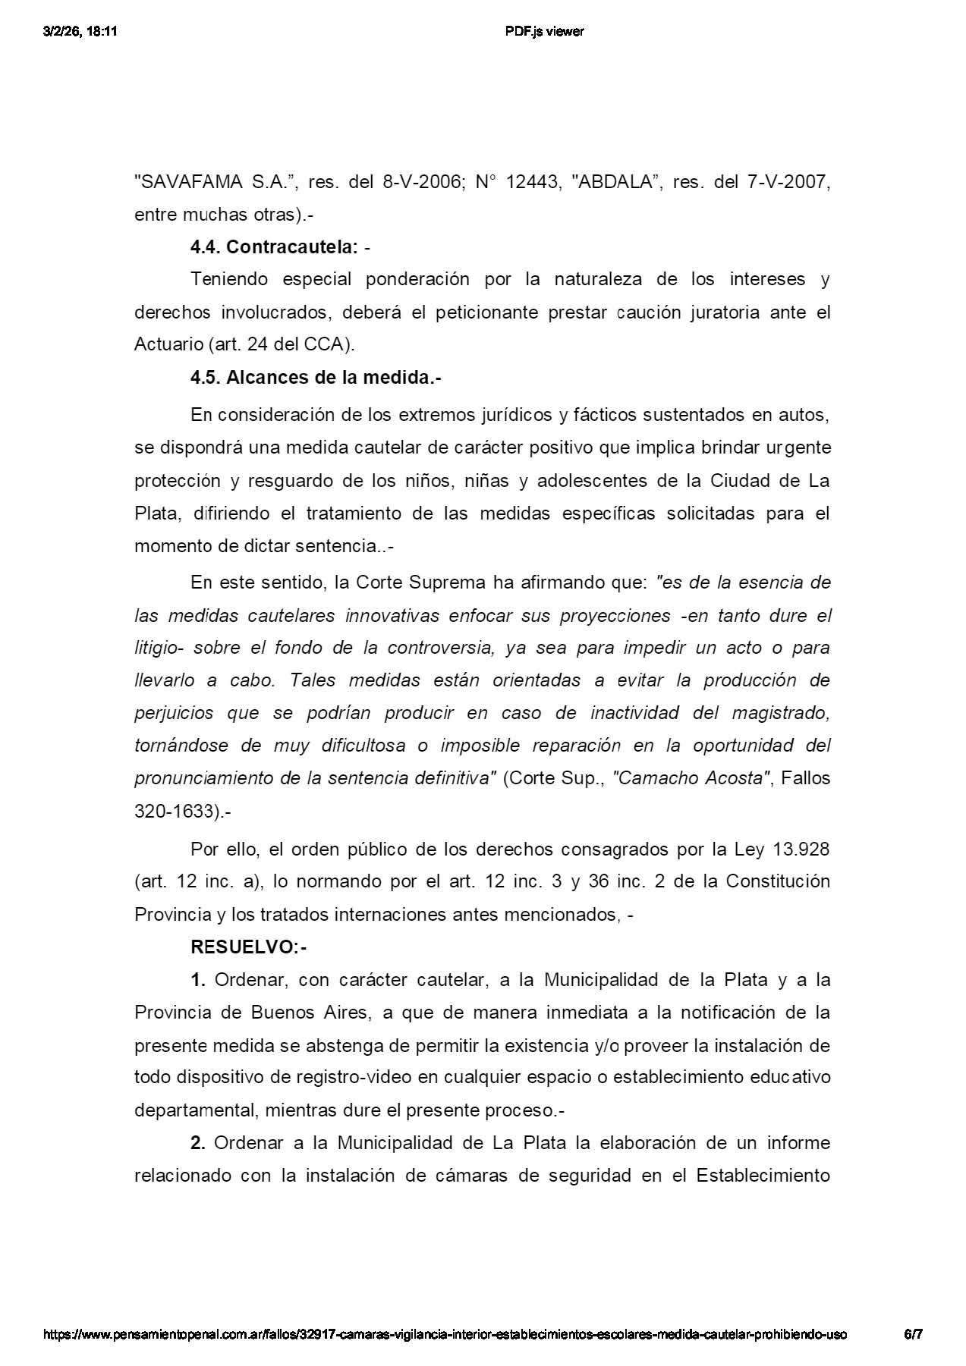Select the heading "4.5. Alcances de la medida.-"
[x=316, y=378]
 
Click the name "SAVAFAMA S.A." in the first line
[x=209, y=183]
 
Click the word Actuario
[x=168, y=344]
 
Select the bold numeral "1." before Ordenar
[x=198, y=980]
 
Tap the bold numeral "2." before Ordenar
[x=198, y=1143]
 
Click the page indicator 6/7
[x=912, y=1334]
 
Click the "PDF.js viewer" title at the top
[x=544, y=31]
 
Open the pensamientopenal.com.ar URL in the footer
[x=445, y=1334]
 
